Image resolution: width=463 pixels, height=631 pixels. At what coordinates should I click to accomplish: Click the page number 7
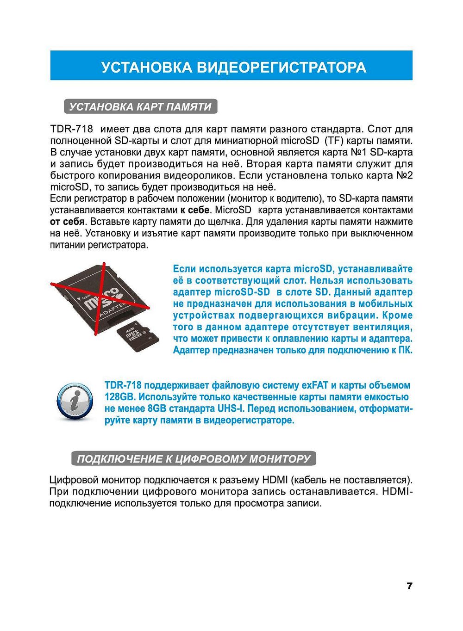tap(409, 586)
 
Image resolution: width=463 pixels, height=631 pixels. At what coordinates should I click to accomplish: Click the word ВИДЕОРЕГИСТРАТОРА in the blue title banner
tap(282, 67)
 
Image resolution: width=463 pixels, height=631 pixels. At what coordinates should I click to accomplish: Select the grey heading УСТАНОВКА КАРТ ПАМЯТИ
tap(140, 107)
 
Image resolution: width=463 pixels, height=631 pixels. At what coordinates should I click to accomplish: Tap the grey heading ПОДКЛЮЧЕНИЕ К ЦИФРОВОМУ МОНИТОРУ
tap(194, 459)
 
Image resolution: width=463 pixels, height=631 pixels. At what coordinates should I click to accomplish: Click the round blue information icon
tap(75, 401)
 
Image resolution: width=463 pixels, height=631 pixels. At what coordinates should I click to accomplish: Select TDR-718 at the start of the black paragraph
tap(71, 129)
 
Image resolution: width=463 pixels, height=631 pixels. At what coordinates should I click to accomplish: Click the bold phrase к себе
tap(195, 210)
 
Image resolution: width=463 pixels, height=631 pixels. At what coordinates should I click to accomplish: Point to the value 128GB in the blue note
tap(119, 397)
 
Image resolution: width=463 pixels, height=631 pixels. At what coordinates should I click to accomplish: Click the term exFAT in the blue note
tap(315, 385)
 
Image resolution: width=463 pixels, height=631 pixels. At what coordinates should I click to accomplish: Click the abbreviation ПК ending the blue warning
tap(404, 350)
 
